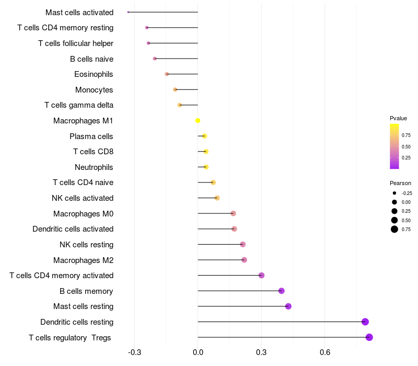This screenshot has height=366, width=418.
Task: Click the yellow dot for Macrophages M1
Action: [198, 121]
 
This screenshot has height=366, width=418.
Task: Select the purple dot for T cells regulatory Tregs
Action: [369, 337]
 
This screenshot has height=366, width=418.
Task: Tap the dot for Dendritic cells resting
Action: [365, 322]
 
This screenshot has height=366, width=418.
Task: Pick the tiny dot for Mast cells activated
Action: [128, 12]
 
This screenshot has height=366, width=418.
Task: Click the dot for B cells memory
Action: [282, 291]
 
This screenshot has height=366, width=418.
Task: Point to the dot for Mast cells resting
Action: [288, 306]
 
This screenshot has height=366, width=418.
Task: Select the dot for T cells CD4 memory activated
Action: [262, 276]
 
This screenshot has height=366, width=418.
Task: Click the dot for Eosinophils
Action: [167, 74]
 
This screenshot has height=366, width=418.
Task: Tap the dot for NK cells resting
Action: [242, 245]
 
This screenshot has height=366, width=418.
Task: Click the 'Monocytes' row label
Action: [94, 90]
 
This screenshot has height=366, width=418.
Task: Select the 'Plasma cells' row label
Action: [91, 136]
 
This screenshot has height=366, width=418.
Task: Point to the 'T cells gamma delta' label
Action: [79, 105]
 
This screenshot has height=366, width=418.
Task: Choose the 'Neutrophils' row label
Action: [94, 167]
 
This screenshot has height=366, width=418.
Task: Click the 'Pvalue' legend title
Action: [398, 118]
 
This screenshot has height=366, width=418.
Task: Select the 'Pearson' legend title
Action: [400, 183]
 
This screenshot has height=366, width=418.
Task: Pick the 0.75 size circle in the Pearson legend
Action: [394, 229]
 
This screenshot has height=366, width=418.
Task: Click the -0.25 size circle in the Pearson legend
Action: [394, 193]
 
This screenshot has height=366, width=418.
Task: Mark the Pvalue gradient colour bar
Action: [394, 146]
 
